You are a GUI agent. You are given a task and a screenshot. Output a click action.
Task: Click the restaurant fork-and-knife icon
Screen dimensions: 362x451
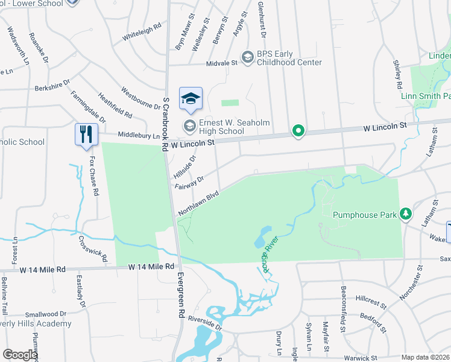pyautogui.click(x=85, y=134)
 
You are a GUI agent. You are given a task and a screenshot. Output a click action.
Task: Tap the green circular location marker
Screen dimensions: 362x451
pyautogui.click(x=298, y=130)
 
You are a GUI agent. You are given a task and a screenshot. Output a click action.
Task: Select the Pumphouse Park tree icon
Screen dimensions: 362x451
pyautogui.click(x=406, y=214)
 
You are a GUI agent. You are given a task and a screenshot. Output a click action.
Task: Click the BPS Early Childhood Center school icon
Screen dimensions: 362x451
pyautogui.click(x=247, y=57)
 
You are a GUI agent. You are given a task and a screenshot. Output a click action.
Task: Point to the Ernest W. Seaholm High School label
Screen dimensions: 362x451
pyautogui.click(x=221, y=126)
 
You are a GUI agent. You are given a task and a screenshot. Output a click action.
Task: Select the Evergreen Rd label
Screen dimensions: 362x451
pyautogui.click(x=181, y=296)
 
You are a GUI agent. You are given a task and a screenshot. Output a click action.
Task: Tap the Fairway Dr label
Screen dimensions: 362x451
pyautogui.click(x=190, y=182)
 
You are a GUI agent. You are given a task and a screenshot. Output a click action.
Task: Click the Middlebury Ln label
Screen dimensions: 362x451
pyautogui.click(x=139, y=136)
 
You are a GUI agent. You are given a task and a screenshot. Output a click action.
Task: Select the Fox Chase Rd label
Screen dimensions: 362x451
pyautogui.click(x=94, y=177)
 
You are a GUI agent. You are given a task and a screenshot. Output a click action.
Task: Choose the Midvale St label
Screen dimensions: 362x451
pyautogui.click(x=221, y=62)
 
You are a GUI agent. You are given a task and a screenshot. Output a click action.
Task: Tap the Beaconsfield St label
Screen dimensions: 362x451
pyautogui.click(x=342, y=309)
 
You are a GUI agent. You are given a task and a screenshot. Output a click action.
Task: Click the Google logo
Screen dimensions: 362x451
pyautogui.click(x=20, y=354)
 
